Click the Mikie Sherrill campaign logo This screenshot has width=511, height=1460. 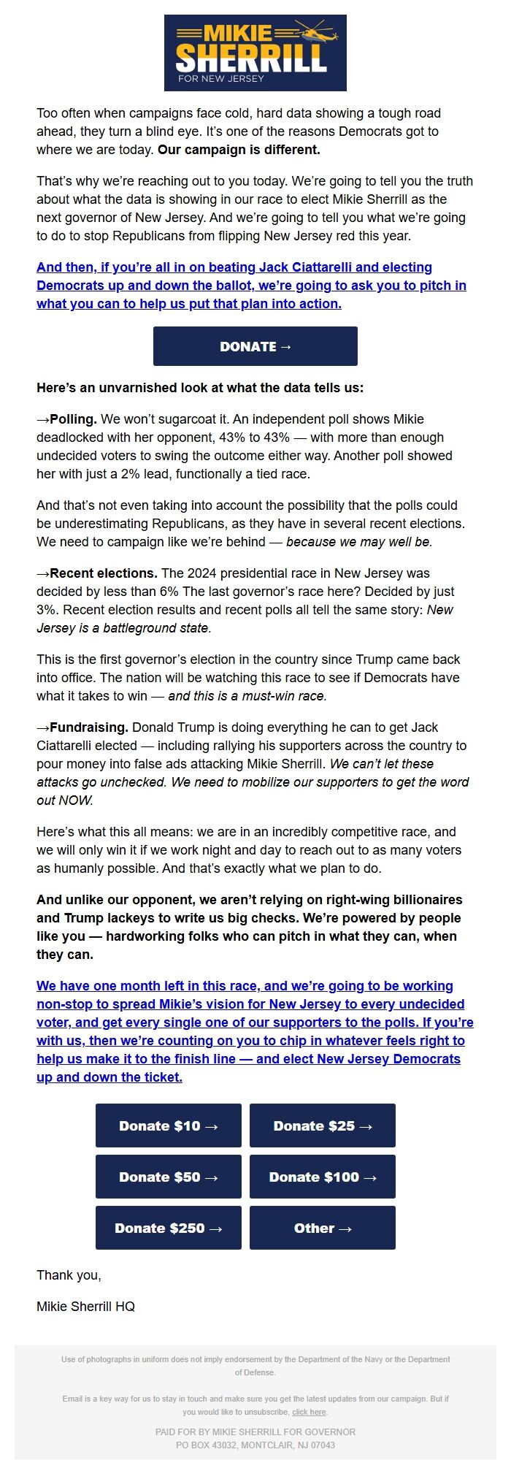pyautogui.click(x=255, y=53)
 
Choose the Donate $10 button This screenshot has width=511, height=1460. pyautogui.click(x=169, y=1125)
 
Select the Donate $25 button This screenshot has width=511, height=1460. pyautogui.click(x=323, y=1125)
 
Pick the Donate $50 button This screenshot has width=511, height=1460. pyautogui.click(x=169, y=1177)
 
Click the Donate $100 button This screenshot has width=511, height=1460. pyautogui.click(x=323, y=1177)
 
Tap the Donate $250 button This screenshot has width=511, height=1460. pyautogui.click(x=169, y=1228)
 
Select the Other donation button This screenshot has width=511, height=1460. pyautogui.click(x=323, y=1228)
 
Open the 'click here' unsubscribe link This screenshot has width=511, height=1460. pyautogui.click(x=309, y=1412)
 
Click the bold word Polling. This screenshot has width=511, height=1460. pyautogui.click(x=73, y=419)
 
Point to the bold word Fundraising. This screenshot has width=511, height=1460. pyautogui.click(x=89, y=727)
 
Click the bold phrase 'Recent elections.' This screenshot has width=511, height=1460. pyautogui.click(x=104, y=573)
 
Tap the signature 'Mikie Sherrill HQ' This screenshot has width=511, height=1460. pyautogui.click(x=85, y=1306)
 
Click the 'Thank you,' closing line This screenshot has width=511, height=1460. pyautogui.click(x=69, y=1274)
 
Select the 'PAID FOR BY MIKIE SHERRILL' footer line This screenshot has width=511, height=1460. pyautogui.click(x=255, y=1432)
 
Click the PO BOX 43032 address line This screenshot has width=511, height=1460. pyautogui.click(x=255, y=1445)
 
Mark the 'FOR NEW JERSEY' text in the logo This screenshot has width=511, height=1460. pyautogui.click(x=221, y=78)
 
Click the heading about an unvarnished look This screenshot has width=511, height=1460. pyautogui.click(x=199, y=388)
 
